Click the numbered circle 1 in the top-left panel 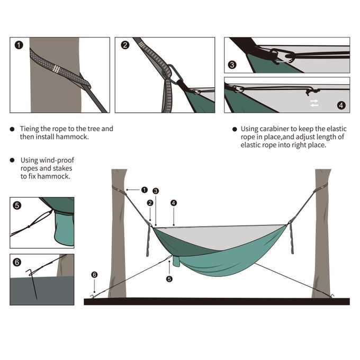click(x=19, y=45)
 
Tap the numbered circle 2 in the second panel click(x=125, y=45)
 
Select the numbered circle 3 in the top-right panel click(x=232, y=66)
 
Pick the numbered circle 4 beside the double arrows click(x=340, y=105)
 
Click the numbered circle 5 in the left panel click(x=17, y=205)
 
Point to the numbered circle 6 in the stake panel click(x=17, y=262)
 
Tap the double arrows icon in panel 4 click(x=314, y=102)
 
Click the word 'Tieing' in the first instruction click(x=30, y=129)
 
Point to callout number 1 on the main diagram click(x=144, y=190)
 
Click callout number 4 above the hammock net click(x=174, y=203)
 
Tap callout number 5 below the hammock click(x=169, y=278)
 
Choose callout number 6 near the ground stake click(x=94, y=274)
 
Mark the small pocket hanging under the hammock click(x=176, y=260)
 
